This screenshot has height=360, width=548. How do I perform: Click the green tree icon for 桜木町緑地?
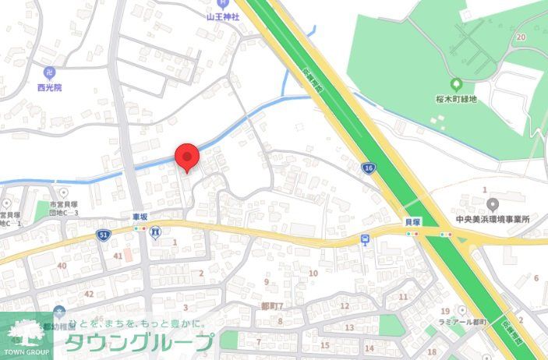[x=455, y=84]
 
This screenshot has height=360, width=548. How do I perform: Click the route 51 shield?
[x=104, y=235]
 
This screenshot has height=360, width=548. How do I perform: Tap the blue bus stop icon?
[x=365, y=238]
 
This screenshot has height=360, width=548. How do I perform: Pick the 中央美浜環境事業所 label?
[x=493, y=219]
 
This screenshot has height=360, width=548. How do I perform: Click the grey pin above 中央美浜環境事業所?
[x=493, y=204]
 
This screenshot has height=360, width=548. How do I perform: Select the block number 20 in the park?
[x=520, y=37]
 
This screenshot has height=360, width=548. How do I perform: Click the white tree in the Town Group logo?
[x=27, y=332]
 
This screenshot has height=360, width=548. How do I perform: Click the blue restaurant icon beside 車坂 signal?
[x=156, y=231]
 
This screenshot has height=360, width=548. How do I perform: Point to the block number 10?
[x=313, y=273]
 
